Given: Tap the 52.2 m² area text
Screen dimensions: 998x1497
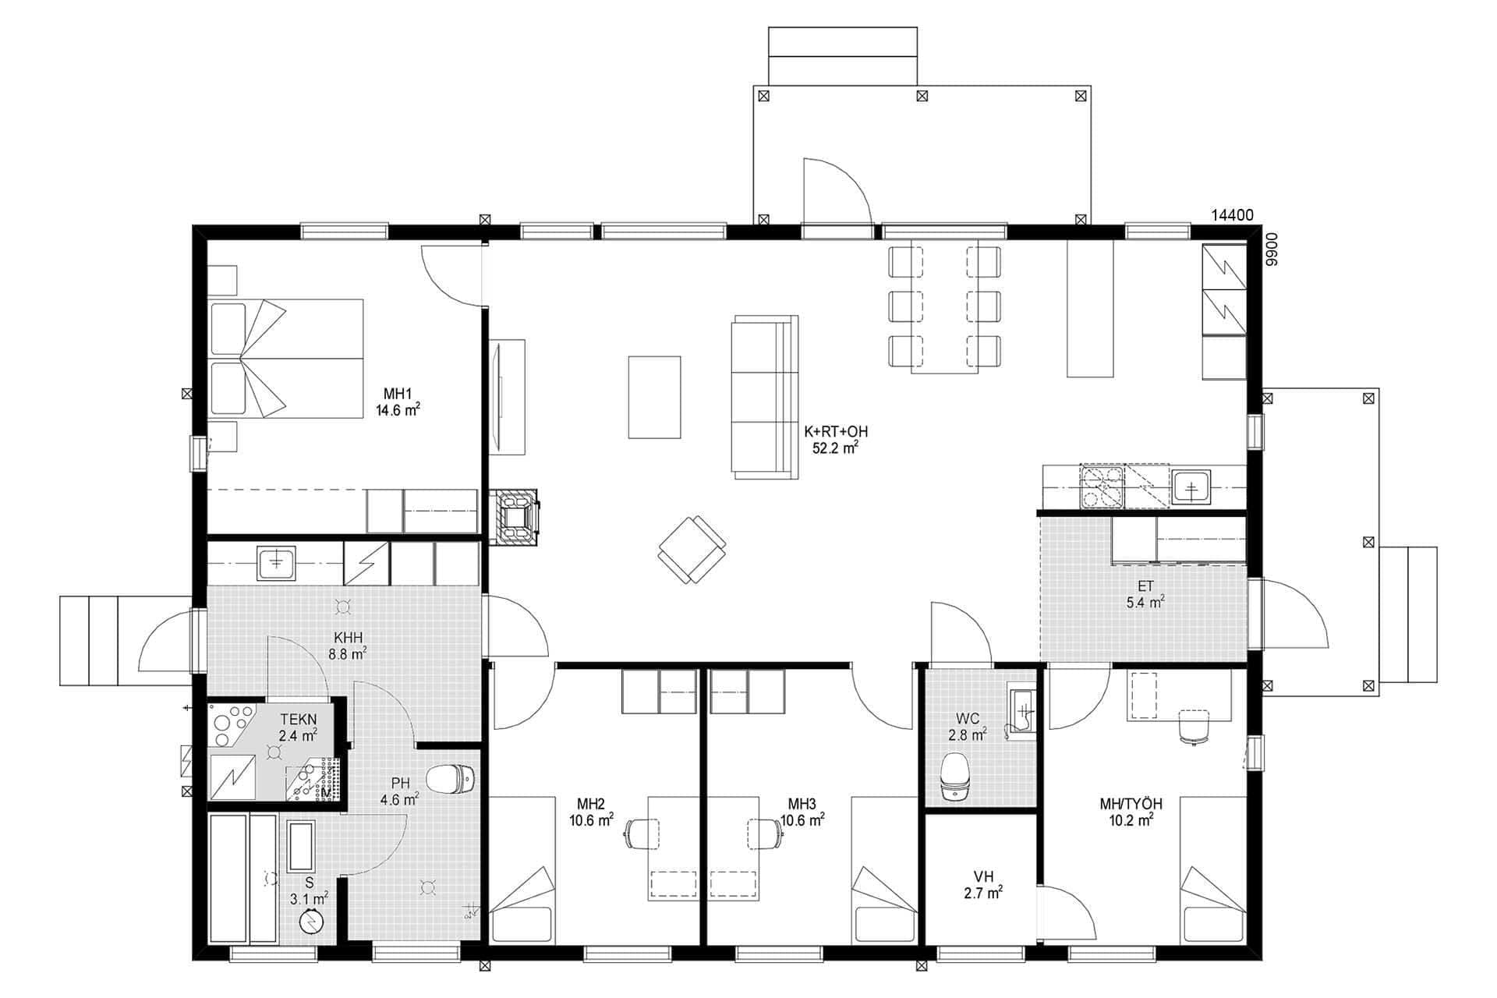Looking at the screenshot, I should point(836,448).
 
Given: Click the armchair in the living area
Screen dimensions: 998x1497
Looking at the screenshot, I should point(692,549).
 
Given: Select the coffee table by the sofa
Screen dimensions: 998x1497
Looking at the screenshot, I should point(654,397).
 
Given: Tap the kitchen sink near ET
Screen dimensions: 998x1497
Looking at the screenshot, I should point(1191,488).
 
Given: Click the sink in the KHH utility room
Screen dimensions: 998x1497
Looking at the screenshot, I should point(275,563).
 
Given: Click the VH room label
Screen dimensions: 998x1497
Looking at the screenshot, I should point(982,874).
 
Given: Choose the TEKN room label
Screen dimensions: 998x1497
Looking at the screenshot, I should point(298,720).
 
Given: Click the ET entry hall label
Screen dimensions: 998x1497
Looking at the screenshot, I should point(1145,587).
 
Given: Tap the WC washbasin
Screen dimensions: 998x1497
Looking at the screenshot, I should point(1022,710).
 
